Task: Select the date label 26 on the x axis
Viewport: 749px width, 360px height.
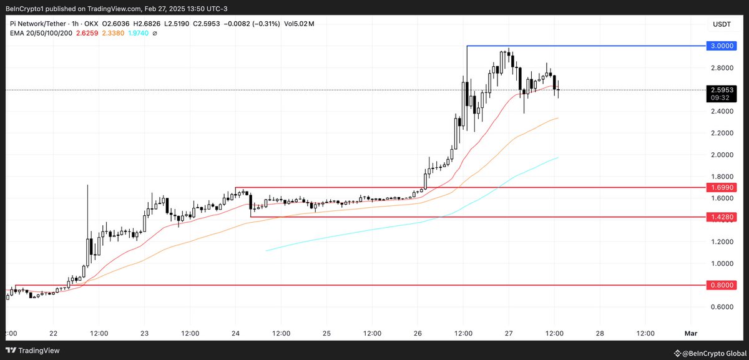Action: pyautogui.click(x=418, y=333)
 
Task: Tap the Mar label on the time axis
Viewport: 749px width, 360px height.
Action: pyautogui.click(x=690, y=333)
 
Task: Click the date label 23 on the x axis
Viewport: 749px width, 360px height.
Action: pyautogui.click(x=144, y=333)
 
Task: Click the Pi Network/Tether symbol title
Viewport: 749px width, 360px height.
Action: pyautogui.click(x=37, y=24)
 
